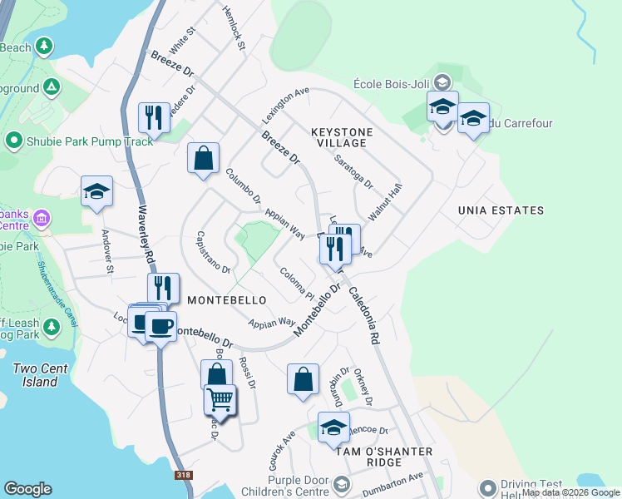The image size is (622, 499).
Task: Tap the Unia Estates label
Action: (x=501, y=210)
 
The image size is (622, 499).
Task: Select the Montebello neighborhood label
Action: (x=227, y=299)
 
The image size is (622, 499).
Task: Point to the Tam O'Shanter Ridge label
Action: (x=383, y=457)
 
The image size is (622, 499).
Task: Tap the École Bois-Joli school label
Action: (x=394, y=83)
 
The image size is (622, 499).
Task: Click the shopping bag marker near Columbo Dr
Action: (x=203, y=158)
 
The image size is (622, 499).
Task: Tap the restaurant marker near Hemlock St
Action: (x=154, y=117)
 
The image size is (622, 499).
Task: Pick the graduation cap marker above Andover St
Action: (x=96, y=191)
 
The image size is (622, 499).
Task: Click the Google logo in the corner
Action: (x=27, y=489)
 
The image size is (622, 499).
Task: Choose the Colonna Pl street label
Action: (x=295, y=284)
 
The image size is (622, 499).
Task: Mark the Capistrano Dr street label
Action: (x=213, y=252)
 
